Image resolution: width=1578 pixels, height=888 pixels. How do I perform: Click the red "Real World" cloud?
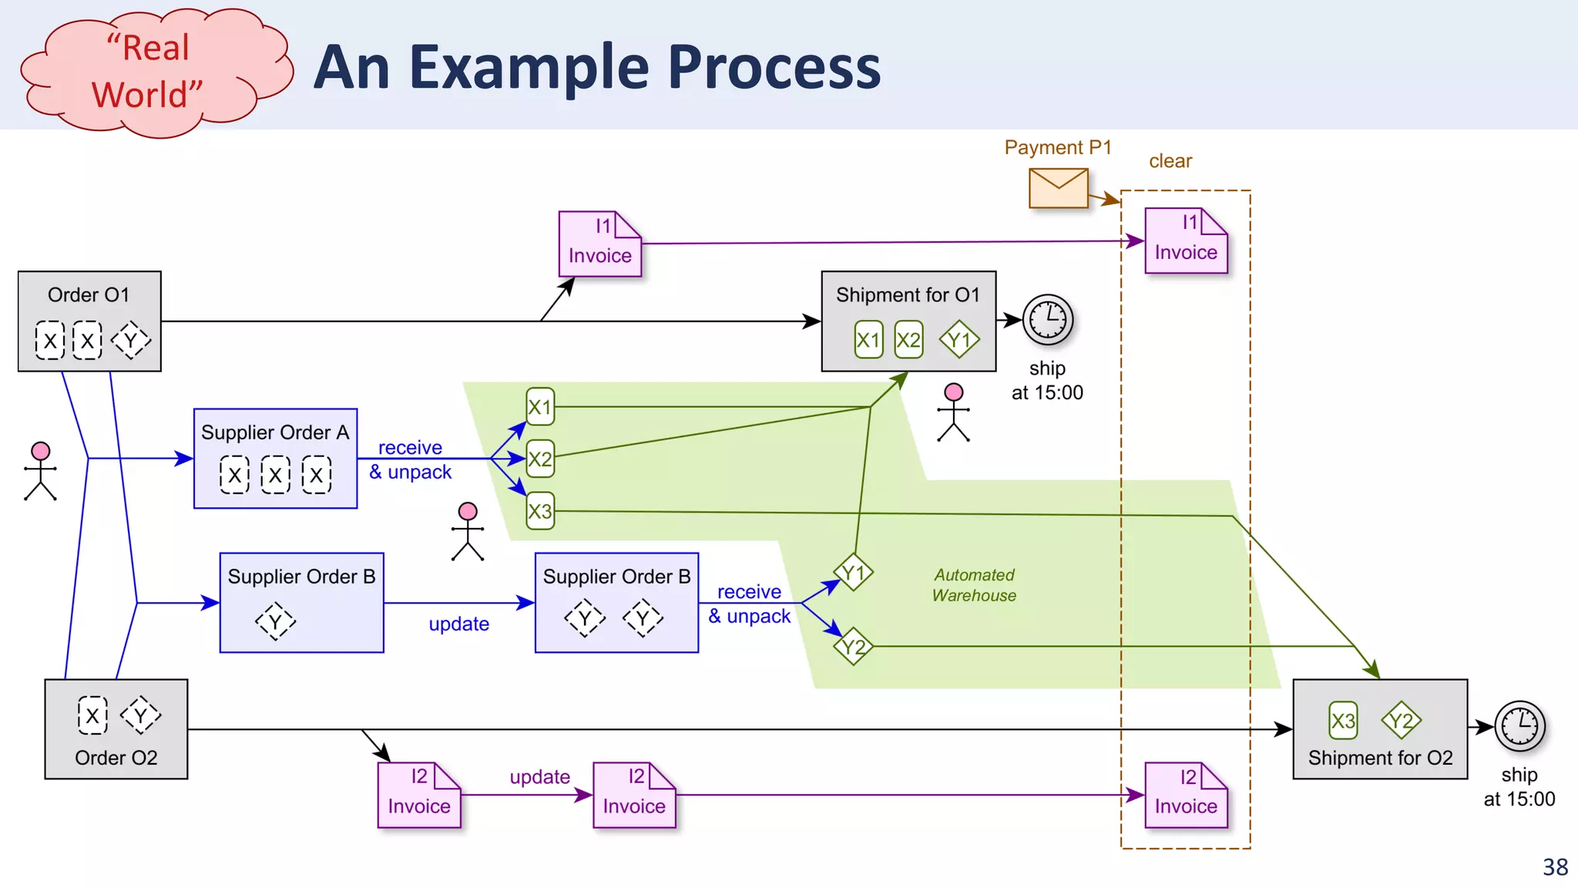154,72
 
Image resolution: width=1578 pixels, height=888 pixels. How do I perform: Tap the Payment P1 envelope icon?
1058,188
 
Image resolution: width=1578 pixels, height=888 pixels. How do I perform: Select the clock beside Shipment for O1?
1048,319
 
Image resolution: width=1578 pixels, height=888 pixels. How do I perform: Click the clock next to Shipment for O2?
1519,726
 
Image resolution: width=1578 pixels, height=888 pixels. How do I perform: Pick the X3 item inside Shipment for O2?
1343,721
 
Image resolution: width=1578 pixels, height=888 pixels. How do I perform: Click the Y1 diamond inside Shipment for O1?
959,340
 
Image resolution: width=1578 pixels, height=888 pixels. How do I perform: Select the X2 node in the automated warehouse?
540,459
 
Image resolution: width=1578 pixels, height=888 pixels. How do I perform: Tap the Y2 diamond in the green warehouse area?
854,647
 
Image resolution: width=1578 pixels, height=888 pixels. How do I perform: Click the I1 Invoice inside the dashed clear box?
1186,240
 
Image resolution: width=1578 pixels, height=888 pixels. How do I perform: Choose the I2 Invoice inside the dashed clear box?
1186,795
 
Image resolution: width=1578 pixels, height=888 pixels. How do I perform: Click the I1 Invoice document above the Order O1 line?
599,244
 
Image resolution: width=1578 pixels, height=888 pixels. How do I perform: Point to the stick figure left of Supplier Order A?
40,471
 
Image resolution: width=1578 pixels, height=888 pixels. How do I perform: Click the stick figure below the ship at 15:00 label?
953,412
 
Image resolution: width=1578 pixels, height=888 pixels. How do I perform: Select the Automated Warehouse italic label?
974,585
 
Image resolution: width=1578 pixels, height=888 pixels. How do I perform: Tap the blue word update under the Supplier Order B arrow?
458,624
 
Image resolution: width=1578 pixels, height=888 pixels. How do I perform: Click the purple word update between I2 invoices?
539,777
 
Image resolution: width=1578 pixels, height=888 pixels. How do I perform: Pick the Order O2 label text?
116,758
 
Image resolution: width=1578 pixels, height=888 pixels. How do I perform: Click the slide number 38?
1555,867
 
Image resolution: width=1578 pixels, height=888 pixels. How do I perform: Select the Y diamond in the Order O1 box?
131,340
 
